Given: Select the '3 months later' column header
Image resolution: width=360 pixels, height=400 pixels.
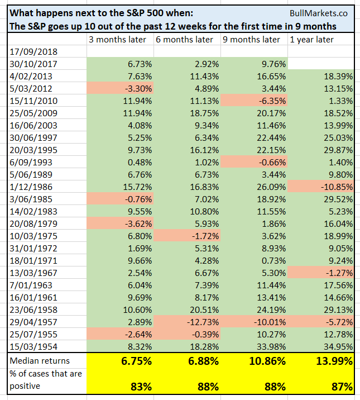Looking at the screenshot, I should tap(117, 40).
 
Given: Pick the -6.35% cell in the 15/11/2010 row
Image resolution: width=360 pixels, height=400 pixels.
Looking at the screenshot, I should tap(265, 100).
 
